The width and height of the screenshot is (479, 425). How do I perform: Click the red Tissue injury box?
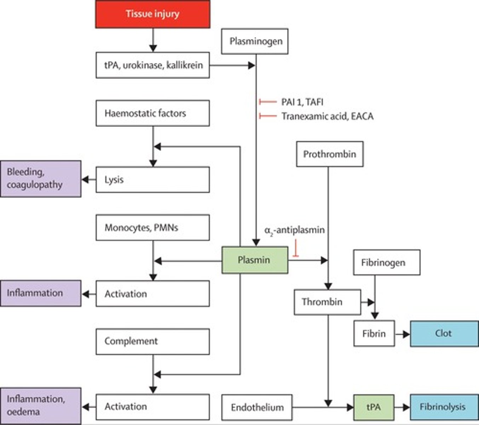[152, 14]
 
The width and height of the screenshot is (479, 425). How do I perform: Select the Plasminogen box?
[255, 41]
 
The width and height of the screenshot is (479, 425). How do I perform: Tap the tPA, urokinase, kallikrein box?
[152, 65]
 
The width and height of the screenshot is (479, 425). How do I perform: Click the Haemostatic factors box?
[152, 113]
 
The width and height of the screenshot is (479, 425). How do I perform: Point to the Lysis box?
[152, 180]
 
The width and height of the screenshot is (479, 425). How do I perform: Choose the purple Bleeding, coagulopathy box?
[40, 178]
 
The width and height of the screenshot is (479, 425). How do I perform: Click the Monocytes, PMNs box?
[152, 227]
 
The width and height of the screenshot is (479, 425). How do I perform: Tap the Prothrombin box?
[329, 154]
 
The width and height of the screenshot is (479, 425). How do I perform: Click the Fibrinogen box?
[387, 262]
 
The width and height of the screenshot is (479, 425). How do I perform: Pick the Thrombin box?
[327, 302]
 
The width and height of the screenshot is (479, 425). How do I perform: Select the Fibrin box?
[374, 333]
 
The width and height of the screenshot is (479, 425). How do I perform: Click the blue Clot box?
[444, 333]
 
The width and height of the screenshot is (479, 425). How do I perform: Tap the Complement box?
[152, 341]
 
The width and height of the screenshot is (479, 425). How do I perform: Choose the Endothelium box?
[257, 407]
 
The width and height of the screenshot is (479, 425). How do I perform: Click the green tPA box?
[374, 407]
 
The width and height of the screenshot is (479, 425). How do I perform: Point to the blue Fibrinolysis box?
[444, 407]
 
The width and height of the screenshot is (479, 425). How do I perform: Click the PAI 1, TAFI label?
[302, 102]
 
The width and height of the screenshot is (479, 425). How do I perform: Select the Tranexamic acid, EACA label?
[327, 116]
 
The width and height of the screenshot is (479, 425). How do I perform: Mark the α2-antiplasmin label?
[294, 230]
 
